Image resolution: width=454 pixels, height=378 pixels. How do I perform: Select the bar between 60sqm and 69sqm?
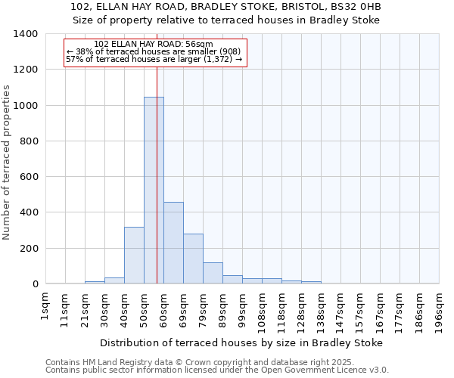click(x=173, y=243)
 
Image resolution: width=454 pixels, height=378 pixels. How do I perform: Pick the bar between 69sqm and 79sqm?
click(x=193, y=259)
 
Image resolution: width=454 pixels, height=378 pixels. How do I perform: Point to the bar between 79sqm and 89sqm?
click(x=213, y=273)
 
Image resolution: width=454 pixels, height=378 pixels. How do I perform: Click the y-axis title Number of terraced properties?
click(x=8, y=163)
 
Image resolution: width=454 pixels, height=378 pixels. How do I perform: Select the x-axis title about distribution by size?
click(x=241, y=342)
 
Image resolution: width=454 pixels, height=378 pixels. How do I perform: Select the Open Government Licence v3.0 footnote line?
click(x=217, y=370)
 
